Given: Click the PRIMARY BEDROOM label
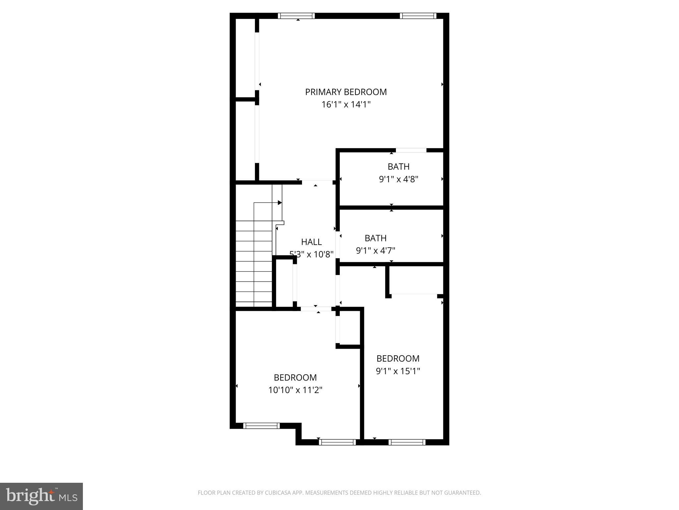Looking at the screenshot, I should point(346,92).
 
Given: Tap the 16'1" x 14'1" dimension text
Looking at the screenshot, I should point(346,105).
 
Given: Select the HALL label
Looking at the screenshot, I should point(311,242).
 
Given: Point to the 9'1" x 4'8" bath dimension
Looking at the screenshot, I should point(399,179).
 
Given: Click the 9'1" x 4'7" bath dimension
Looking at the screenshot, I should point(376,250).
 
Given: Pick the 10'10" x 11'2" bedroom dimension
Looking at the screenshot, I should point(295,390).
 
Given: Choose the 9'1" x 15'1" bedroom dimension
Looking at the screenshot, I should point(398,371).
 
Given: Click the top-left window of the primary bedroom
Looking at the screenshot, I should point(296,16).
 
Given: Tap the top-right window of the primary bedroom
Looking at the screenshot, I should point(418,16).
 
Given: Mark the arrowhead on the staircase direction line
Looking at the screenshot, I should point(280,203).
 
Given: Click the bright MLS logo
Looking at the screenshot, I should point(41,496).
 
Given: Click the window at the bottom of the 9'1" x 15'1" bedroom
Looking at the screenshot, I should point(407,442).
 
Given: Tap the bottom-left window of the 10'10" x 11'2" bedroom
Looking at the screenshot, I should point(261,426).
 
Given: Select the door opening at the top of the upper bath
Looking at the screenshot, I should point(411,150).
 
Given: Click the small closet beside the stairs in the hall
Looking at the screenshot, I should point(284,283).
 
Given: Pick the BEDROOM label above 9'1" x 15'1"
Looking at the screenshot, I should point(398,359).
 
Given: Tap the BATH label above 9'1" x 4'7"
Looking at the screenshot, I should point(376,238).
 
